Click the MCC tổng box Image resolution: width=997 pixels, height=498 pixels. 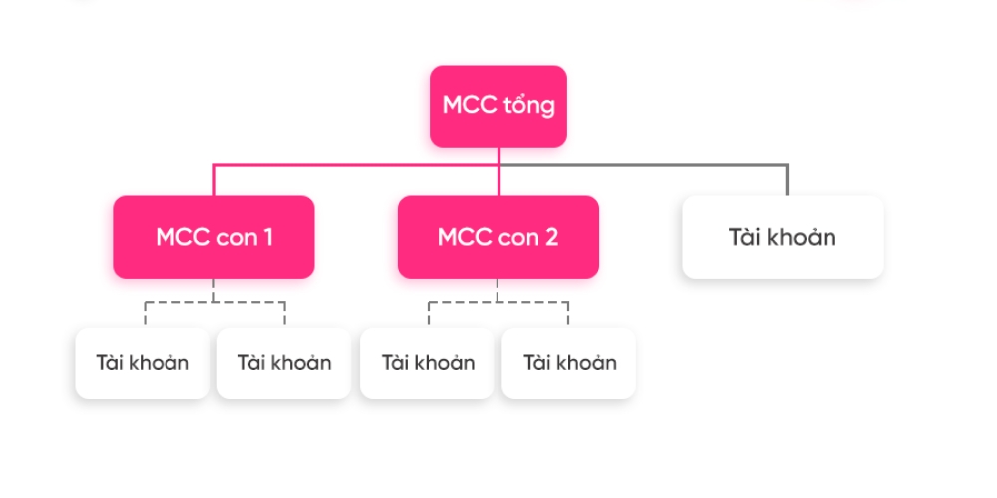click(498, 106)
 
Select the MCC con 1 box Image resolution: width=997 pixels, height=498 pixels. click(213, 237)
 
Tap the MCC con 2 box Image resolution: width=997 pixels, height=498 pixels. click(498, 237)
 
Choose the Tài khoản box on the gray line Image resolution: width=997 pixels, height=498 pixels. click(783, 237)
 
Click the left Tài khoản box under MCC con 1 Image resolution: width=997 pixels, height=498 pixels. click(143, 363)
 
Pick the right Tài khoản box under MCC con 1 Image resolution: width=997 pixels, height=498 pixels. click(284, 363)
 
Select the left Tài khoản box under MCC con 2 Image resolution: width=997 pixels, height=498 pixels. click(428, 363)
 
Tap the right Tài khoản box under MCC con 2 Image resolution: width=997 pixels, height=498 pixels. click(569, 363)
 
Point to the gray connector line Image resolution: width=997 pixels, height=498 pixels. click(698, 165)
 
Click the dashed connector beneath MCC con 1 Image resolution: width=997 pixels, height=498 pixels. click(214, 302)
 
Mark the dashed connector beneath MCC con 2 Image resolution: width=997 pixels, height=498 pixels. click(498, 302)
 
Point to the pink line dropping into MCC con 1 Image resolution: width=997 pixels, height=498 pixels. click(213, 180)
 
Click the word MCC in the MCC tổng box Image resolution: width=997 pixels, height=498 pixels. click(470, 106)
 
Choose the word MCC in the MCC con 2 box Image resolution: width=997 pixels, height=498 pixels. click(464, 238)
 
